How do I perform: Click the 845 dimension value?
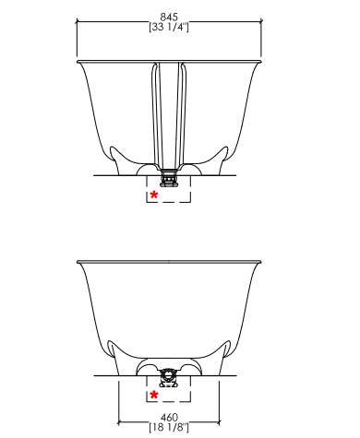(x=169, y=17)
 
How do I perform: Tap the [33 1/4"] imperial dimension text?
(x=169, y=27)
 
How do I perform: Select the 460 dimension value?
(x=169, y=417)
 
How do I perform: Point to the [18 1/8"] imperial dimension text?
(x=169, y=427)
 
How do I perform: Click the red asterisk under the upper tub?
(x=154, y=195)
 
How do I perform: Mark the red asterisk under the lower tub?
(x=154, y=395)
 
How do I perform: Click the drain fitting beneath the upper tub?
(x=169, y=178)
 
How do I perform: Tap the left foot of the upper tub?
(x=115, y=160)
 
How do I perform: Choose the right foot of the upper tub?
(x=222, y=160)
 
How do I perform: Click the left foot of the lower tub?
(x=114, y=357)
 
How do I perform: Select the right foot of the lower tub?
(x=224, y=357)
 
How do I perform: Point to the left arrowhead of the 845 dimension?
(x=78, y=21)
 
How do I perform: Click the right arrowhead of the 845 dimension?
(x=261, y=21)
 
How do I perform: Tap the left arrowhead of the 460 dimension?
(x=119, y=422)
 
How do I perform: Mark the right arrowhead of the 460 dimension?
(x=219, y=422)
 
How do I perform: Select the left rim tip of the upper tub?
(x=77, y=62)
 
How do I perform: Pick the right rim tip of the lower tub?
(x=261, y=262)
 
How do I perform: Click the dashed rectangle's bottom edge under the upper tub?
(x=169, y=202)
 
